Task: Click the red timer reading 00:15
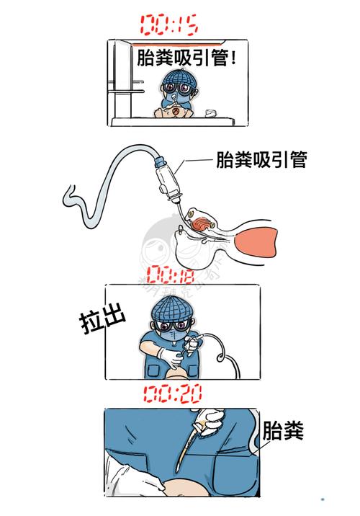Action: tap(170, 26)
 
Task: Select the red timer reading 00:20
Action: tap(172, 393)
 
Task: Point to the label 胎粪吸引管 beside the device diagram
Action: tap(261, 160)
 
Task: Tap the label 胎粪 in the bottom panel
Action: tap(284, 432)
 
